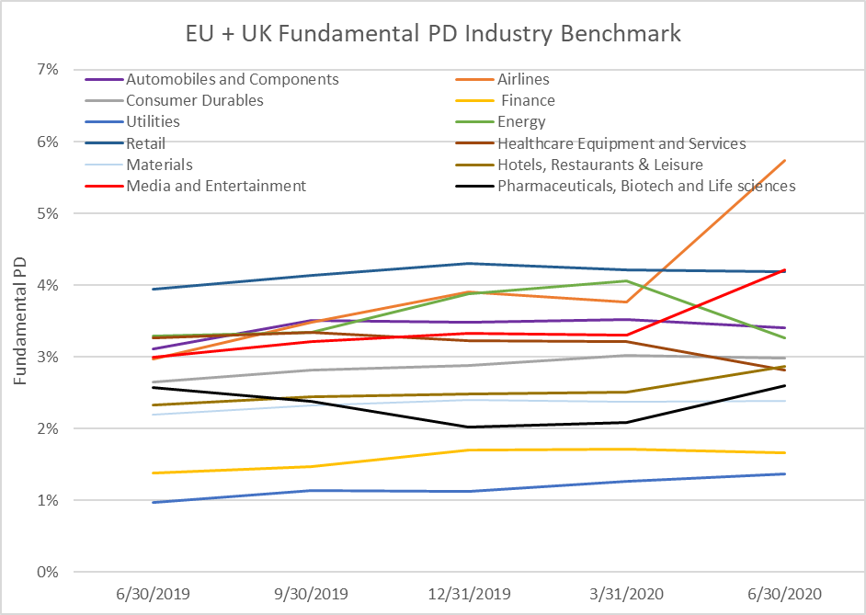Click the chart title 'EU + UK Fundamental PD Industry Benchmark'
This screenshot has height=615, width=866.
coord(433,35)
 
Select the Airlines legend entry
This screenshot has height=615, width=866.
coord(523,80)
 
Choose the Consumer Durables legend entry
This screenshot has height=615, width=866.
coord(194,101)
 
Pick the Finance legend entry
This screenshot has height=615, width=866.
coord(528,101)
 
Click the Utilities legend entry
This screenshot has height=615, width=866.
coord(153,122)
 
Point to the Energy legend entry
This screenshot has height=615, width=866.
coord(521,122)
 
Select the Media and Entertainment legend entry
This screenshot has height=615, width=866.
coord(215,186)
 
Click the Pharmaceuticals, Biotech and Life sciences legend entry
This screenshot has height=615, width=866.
coord(645,186)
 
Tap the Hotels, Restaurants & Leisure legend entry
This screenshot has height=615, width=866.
coord(599,165)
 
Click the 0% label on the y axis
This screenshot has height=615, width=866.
coord(48,572)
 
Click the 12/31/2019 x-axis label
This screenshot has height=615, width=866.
coord(471,594)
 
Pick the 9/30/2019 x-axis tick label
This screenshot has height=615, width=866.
coord(313,594)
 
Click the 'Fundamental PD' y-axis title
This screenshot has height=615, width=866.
coord(19,321)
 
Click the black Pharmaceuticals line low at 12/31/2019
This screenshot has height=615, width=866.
coord(471,427)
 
